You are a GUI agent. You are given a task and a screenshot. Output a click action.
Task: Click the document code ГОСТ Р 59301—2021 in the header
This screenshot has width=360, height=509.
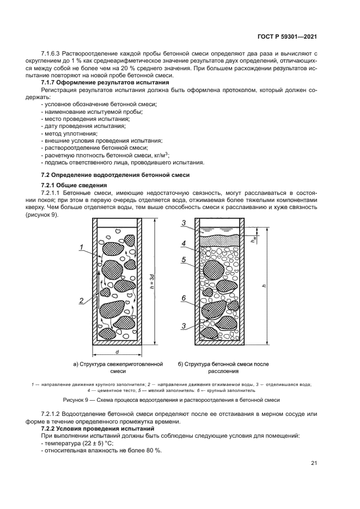pyautogui.click(x=287, y=36)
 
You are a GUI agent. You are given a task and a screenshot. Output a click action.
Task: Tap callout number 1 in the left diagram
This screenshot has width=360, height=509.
pyautogui.click(x=80, y=248)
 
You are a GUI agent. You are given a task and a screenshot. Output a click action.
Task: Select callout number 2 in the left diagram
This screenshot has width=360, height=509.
pyautogui.click(x=80, y=300)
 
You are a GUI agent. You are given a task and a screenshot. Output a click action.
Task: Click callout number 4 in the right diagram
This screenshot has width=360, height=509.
pyautogui.click(x=185, y=243)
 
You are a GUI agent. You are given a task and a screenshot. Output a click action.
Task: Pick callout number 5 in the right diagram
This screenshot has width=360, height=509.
pyautogui.click(x=185, y=260)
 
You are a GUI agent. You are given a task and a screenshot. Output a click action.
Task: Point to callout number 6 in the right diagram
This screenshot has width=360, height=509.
pyautogui.click(x=185, y=298)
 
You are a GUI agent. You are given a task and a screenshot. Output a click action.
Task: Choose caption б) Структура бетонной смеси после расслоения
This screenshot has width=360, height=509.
pyautogui.click(x=224, y=367)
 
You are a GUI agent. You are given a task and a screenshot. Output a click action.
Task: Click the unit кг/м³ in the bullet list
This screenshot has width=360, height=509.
pyautogui.click(x=158, y=155)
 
